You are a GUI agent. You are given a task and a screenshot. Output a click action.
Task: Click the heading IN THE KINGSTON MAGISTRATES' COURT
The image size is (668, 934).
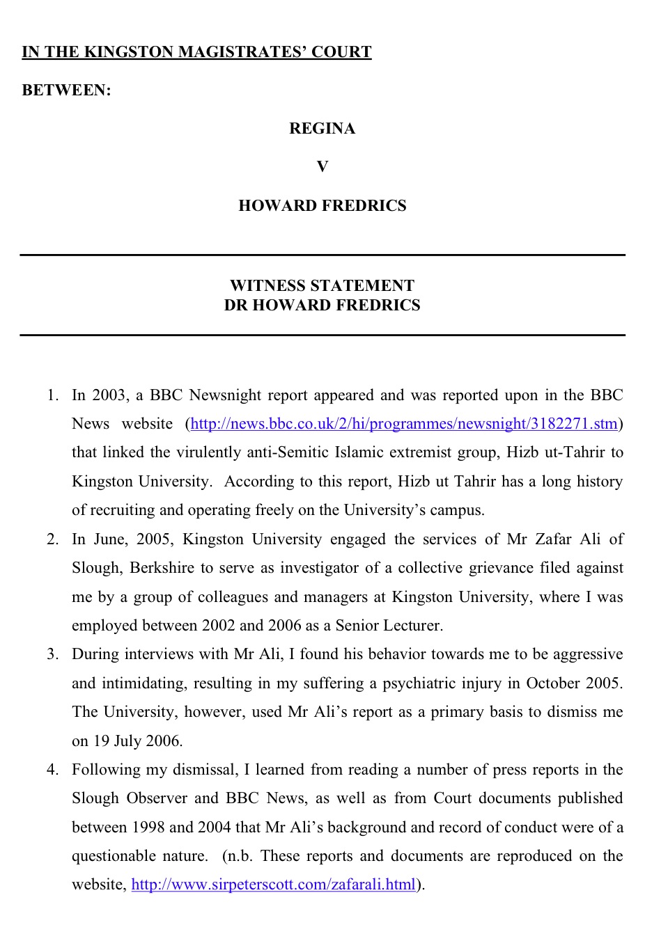196,52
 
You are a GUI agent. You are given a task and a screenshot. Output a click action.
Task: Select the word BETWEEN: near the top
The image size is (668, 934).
66,90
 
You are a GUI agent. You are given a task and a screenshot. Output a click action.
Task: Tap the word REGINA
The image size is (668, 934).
322,129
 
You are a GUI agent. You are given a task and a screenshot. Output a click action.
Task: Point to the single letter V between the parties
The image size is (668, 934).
322,167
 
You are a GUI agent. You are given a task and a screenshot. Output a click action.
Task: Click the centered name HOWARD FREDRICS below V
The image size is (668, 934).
322,206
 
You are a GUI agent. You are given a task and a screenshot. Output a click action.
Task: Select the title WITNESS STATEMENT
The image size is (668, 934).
322,286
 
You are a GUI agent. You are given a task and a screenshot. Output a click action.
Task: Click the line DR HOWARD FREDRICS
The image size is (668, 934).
322,306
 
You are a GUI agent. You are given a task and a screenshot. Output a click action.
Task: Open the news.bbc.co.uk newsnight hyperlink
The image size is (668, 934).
404,424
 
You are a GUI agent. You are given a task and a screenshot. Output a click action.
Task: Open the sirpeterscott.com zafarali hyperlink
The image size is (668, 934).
273,885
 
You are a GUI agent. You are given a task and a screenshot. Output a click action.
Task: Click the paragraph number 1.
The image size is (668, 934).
52,395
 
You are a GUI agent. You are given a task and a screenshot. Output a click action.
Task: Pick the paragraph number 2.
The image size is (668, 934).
52,539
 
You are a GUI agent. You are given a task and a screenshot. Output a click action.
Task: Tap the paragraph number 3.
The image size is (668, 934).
52,654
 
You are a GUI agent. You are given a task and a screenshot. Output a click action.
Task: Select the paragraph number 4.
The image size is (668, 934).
52,770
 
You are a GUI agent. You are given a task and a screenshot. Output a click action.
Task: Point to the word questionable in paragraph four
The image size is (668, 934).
114,856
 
